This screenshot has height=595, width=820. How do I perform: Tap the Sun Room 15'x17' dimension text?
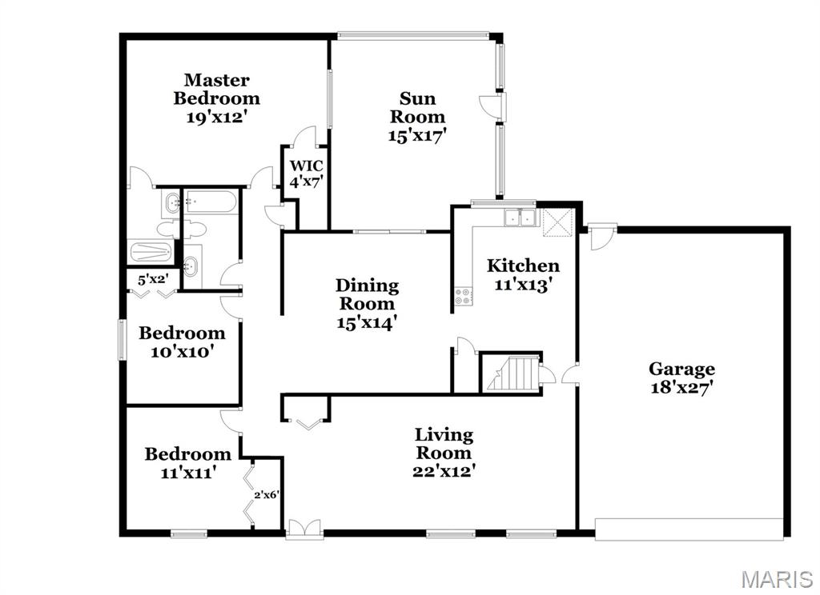pyautogui.click(x=416, y=135)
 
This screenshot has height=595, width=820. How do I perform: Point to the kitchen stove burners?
pyautogui.click(x=463, y=297)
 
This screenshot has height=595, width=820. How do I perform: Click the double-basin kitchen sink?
pyautogui.click(x=519, y=218)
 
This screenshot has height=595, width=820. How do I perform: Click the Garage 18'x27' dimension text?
pyautogui.click(x=682, y=388)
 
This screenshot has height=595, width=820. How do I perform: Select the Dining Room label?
pyautogui.click(x=367, y=294)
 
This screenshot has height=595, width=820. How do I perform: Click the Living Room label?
pyautogui.click(x=444, y=443)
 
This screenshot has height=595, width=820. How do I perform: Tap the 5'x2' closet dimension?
pyautogui.click(x=151, y=279)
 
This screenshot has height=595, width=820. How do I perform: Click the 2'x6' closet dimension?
pyautogui.click(x=265, y=494)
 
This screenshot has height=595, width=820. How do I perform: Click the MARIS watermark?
pyautogui.click(x=777, y=579)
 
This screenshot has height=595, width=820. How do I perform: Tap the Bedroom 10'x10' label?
pyautogui.click(x=182, y=341)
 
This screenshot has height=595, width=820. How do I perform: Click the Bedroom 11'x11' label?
pyautogui.click(x=187, y=462)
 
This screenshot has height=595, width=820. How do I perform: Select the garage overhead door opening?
pyautogui.click(x=689, y=529)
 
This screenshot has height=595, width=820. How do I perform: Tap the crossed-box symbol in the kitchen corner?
pyautogui.click(x=558, y=222)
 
